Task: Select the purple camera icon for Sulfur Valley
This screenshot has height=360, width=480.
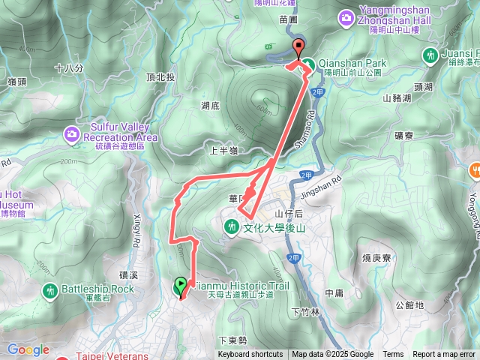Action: point(72,134)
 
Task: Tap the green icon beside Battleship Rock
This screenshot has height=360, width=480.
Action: point(51,289)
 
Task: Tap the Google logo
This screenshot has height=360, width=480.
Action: point(28,349)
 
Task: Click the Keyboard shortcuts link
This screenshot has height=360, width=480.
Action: point(250,355)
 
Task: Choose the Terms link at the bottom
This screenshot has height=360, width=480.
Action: point(393,355)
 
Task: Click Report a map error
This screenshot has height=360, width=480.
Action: point(443,355)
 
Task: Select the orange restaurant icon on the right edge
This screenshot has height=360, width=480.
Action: point(475,170)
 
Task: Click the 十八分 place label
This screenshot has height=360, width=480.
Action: point(68,67)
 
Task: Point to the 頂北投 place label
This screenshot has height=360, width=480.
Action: point(161,77)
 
